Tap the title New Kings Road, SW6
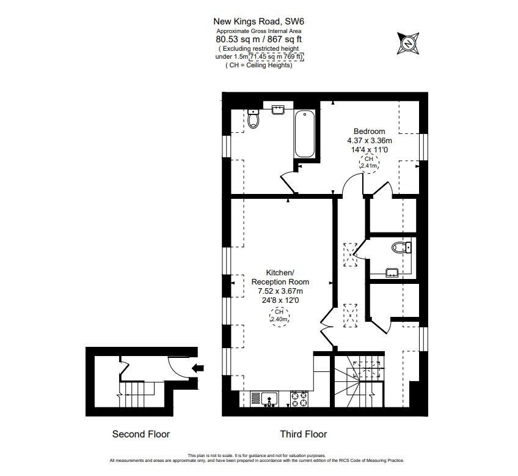pyautogui.click(x=259, y=21)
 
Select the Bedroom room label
pyautogui.click(x=370, y=132)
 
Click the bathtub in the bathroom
pyautogui.click(x=304, y=134)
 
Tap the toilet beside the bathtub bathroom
pyautogui.click(x=254, y=118)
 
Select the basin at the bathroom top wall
pyautogui.click(x=279, y=109)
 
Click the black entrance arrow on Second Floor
pyautogui.click(x=197, y=368)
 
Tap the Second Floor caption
pyautogui.click(x=141, y=434)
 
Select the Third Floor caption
pyautogui.click(x=304, y=434)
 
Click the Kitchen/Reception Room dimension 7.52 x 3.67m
pyautogui.click(x=280, y=291)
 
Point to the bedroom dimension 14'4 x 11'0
pyautogui.click(x=370, y=149)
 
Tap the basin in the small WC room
pyautogui.click(x=392, y=271)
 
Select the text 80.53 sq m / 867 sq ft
pyautogui.click(x=259, y=39)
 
